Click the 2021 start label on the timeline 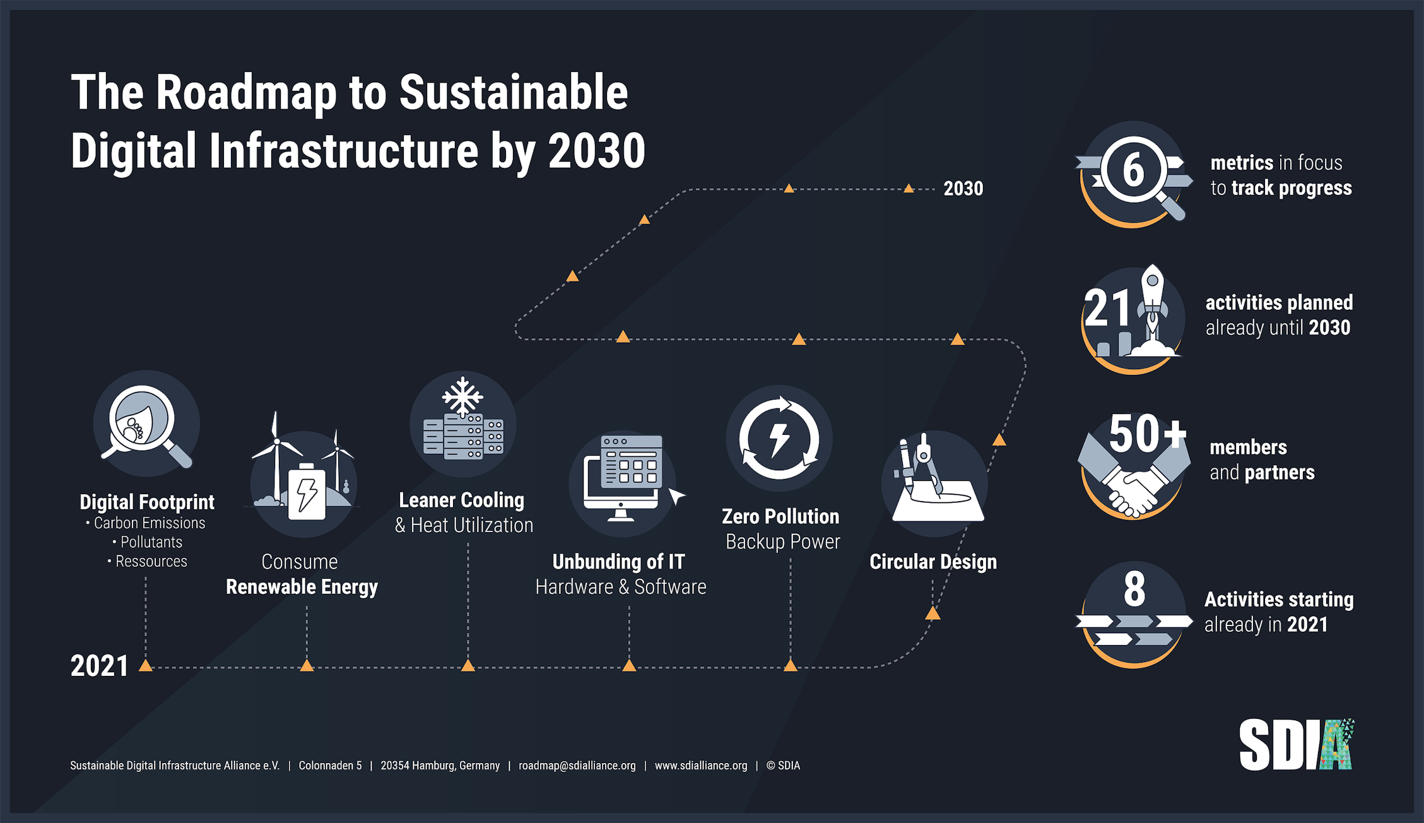pos(99,666)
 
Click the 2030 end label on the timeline pos(963,188)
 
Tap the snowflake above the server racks pos(462,396)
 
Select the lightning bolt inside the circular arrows pos(779,439)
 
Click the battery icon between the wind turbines pos(307,492)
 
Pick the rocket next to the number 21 pos(1152,309)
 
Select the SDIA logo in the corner pos(1296,745)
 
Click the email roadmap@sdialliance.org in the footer pos(577,766)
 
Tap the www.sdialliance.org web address pos(700,766)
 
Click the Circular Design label pos(933,562)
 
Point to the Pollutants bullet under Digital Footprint pos(151,542)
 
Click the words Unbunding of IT pos(618,561)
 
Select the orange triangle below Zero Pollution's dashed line pos(790,665)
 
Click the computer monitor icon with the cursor pos(621,480)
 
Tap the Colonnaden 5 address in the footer pos(330,766)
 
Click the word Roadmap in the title pos(246,93)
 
